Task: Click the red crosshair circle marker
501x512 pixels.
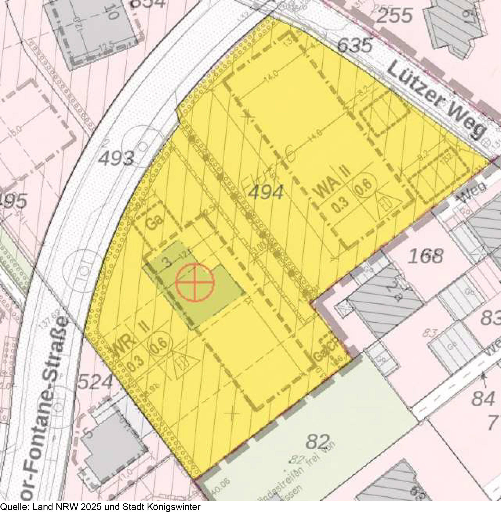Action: tap(195, 282)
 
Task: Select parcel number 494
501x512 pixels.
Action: tap(266, 192)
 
